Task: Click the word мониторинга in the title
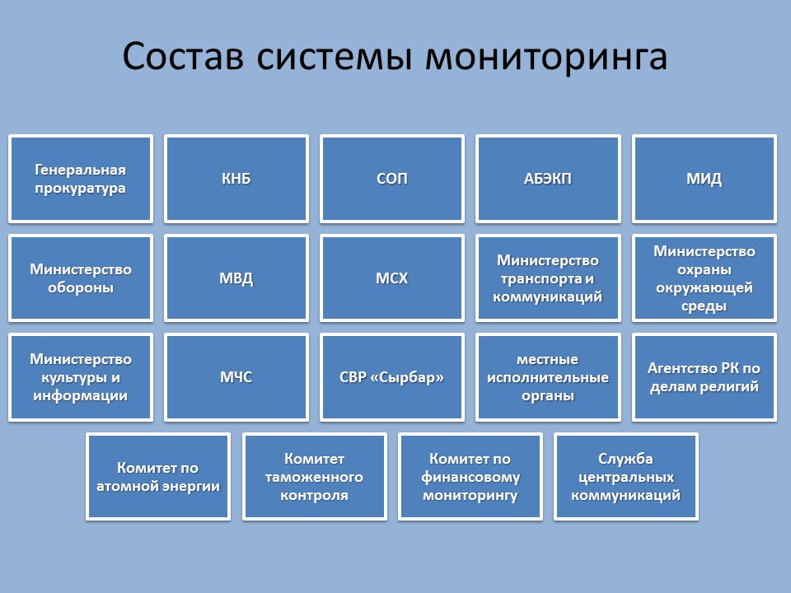546,57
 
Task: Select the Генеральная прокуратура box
81,179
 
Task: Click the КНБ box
236,179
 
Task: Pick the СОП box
392,179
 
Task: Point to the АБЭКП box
548,179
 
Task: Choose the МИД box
704,179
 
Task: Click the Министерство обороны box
81,278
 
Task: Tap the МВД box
236,278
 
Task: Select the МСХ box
392,278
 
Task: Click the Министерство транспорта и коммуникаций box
548,278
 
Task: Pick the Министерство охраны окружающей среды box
704,278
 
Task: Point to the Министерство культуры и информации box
81,377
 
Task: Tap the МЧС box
236,377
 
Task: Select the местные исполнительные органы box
548,377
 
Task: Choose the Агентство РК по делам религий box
704,377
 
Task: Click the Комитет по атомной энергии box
158,477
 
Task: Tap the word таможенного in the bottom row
314,477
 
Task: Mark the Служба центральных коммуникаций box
626,477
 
